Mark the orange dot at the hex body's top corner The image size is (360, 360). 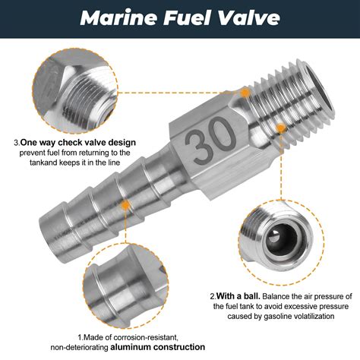click(245, 92)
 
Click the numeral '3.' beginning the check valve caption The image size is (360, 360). click(17, 142)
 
